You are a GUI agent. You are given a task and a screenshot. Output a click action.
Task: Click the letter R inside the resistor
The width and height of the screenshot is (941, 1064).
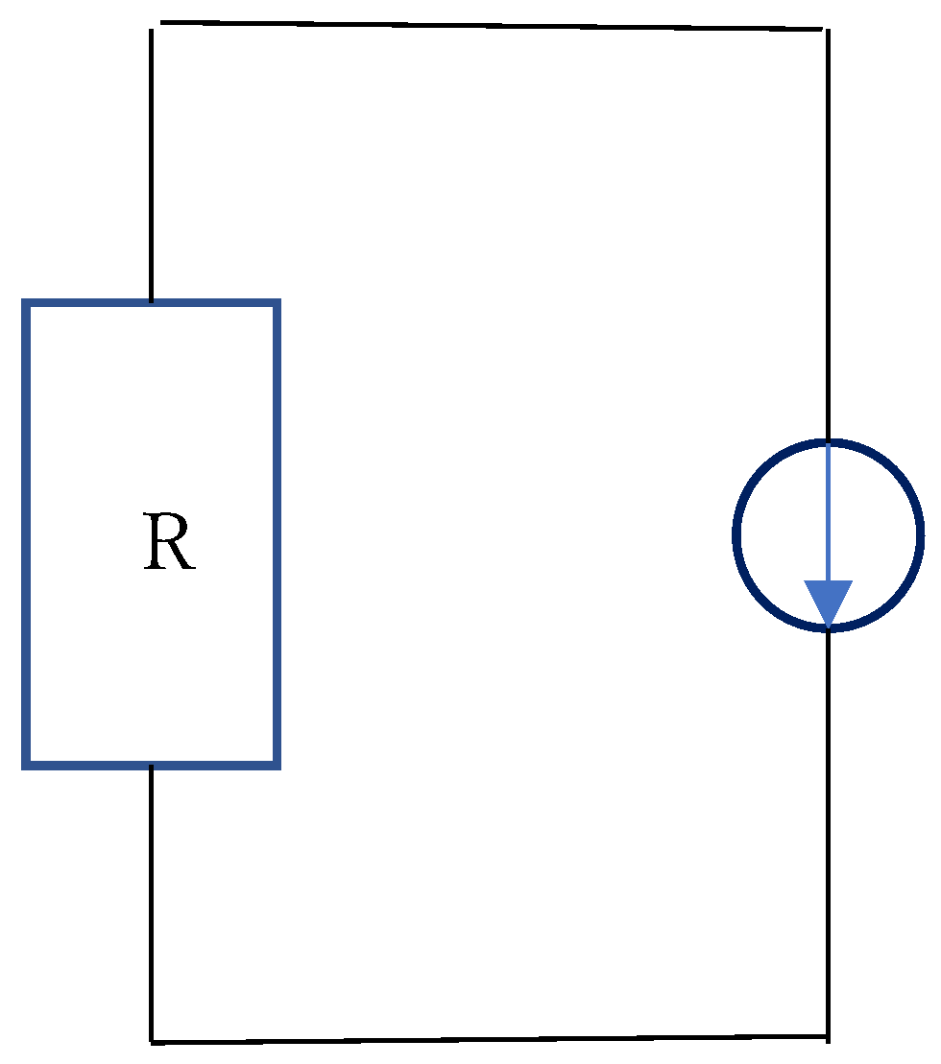pos(169,543)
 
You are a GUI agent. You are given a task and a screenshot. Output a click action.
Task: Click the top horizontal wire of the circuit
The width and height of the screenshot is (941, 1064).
pos(490,25)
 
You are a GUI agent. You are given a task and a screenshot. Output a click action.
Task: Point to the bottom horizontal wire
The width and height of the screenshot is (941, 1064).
pos(490,1039)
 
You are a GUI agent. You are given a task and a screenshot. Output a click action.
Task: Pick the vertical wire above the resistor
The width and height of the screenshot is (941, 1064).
pos(152,163)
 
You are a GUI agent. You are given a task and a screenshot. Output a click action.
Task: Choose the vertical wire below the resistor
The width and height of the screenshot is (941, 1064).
pos(152,902)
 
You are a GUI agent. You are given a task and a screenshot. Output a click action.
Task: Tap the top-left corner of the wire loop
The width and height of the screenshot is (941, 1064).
pos(153,25)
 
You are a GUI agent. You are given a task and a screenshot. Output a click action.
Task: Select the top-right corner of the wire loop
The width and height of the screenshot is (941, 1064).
pos(826,30)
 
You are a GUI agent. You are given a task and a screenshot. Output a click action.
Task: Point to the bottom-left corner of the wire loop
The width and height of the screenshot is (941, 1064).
pos(152,1041)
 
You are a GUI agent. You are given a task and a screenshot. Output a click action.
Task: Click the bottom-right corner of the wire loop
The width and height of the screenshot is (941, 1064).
pos(828,1036)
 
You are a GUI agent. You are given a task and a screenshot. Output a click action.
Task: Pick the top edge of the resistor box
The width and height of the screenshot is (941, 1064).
pos(152,304)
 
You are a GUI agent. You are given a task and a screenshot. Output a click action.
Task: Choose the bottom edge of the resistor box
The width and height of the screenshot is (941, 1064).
pos(152,765)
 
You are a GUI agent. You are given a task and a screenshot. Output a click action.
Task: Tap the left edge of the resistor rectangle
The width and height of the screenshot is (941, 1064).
pos(27,534)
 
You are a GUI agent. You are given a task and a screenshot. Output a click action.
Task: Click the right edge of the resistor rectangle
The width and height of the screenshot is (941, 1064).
pos(277,534)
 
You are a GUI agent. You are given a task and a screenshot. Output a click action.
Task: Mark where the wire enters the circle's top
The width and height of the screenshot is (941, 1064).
pos(828,442)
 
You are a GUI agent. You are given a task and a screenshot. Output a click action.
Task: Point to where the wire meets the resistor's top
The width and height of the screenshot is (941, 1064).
pos(152,301)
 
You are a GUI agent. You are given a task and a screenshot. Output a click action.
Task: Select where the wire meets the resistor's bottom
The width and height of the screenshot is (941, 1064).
pos(152,768)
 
